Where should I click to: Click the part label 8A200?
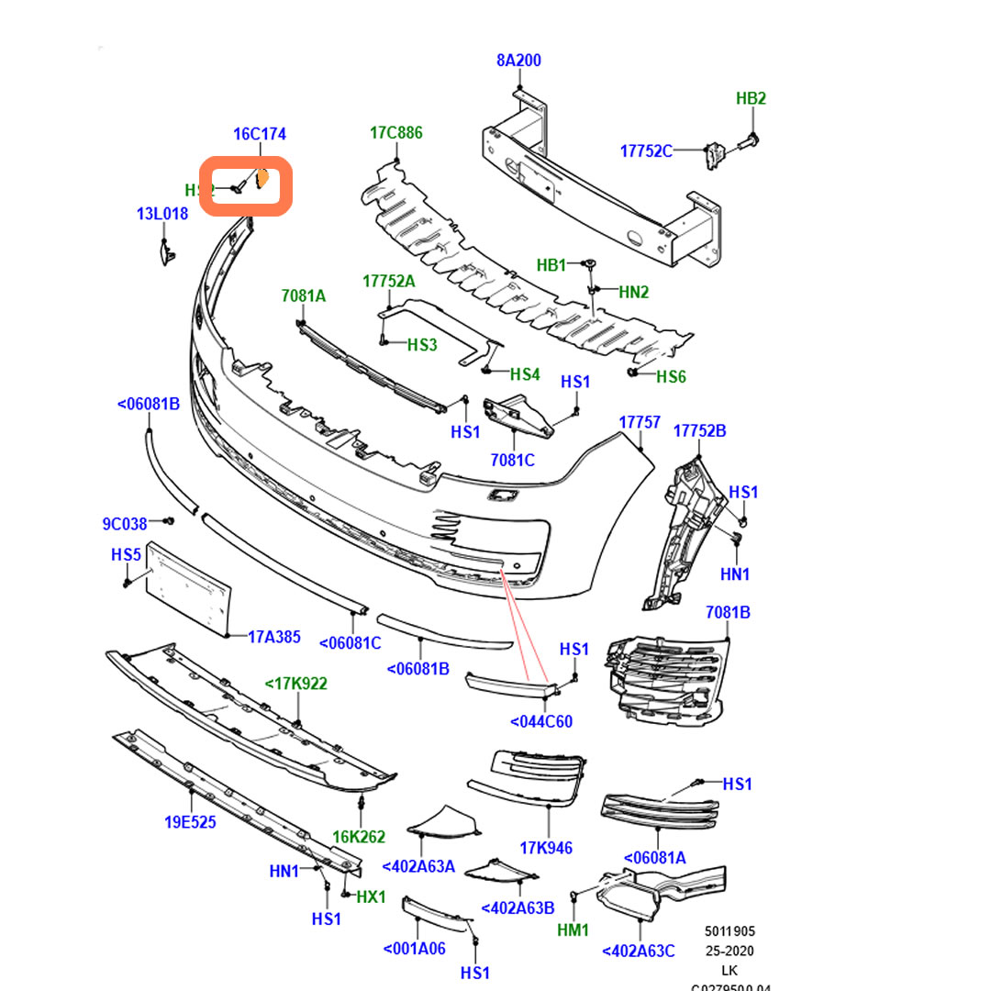(518, 61)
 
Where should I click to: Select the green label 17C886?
(396, 133)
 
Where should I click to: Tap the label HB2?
(751, 99)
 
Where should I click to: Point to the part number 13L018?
(162, 214)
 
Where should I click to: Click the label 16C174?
(260, 134)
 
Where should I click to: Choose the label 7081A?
(304, 295)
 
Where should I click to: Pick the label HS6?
(671, 376)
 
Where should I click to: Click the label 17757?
(640, 422)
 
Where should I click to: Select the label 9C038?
(125, 524)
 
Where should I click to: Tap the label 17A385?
(274, 635)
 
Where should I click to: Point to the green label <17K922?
(296, 684)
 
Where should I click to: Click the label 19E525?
(191, 822)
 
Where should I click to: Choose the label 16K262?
(359, 837)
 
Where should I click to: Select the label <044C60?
(541, 721)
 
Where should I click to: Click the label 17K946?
(546, 848)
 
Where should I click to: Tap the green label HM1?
(573, 930)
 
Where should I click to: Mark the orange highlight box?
(246, 186)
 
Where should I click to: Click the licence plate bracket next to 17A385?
(188, 587)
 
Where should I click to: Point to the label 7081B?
(728, 612)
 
